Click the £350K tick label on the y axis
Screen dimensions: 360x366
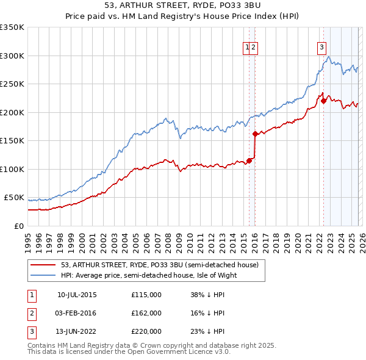(12, 27)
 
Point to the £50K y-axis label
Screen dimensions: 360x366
(14, 198)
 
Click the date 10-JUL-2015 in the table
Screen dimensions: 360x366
(77, 294)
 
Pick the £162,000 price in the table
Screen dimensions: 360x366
(146, 313)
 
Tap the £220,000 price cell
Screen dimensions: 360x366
(146, 332)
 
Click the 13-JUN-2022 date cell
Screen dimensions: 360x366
(77, 332)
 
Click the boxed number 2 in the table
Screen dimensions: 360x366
(32, 313)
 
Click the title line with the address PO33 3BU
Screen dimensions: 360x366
(183, 7)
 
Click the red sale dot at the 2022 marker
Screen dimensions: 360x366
(323, 101)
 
